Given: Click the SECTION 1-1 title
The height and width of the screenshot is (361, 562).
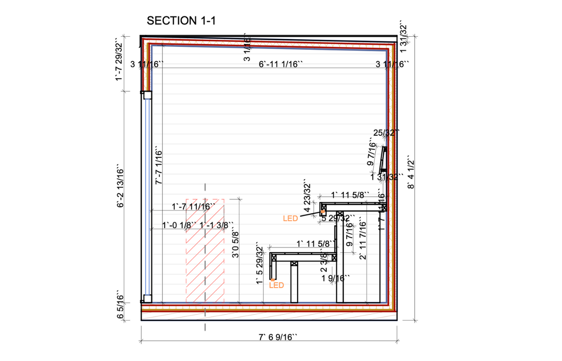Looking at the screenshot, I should coord(181,21).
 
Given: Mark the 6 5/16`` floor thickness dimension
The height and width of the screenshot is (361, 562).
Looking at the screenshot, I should coord(120,312).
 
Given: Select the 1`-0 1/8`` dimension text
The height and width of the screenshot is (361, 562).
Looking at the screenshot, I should coord(179,226).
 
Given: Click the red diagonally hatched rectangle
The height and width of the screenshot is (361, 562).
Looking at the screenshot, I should coord(205,251).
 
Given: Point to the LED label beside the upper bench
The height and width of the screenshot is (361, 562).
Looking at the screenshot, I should coord(290,219).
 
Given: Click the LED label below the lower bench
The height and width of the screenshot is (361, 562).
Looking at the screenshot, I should coord(276,285).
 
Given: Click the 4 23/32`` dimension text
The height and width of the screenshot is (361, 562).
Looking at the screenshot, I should coord(307,198).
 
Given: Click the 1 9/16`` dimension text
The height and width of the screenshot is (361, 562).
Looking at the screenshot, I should coord(336,279).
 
